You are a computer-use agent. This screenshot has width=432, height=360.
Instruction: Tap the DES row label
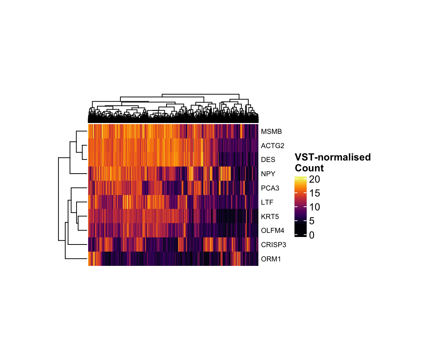click(x=268, y=160)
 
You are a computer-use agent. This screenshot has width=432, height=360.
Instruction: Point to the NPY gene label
click(x=268, y=174)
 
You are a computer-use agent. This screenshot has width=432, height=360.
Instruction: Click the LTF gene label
click(x=267, y=202)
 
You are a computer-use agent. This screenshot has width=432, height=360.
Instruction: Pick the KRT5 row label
click(x=269, y=217)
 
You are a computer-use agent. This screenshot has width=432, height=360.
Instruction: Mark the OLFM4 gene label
click(x=271, y=231)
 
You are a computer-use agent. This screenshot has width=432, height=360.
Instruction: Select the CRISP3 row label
click(x=271, y=245)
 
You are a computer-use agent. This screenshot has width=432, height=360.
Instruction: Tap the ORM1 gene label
click(x=269, y=259)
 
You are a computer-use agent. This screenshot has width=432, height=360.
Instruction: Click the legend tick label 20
click(x=315, y=180)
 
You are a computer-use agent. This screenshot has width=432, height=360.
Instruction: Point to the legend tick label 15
click(x=315, y=193)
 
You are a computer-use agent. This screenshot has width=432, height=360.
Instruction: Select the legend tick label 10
click(x=315, y=207)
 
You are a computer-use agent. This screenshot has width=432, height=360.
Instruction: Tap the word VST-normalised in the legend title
click(x=333, y=157)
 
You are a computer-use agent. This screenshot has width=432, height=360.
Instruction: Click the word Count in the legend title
click(x=309, y=167)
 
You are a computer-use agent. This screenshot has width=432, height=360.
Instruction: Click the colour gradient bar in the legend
click(x=300, y=206)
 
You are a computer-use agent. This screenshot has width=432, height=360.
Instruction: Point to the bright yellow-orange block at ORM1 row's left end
click(x=91, y=259)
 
